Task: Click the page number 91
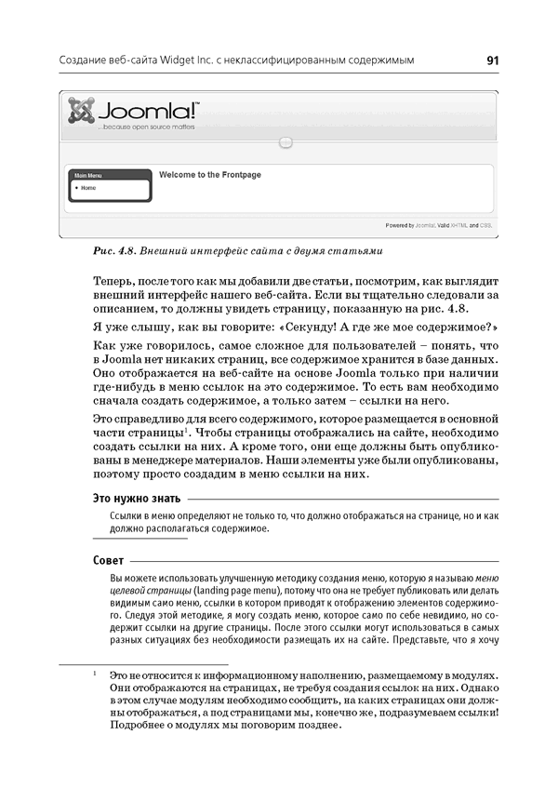coord(492,60)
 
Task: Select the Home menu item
coord(88,187)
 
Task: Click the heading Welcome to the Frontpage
coord(209,174)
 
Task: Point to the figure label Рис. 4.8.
coord(115,251)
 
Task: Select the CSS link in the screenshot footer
coord(486,225)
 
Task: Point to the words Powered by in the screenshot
coord(399,225)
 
